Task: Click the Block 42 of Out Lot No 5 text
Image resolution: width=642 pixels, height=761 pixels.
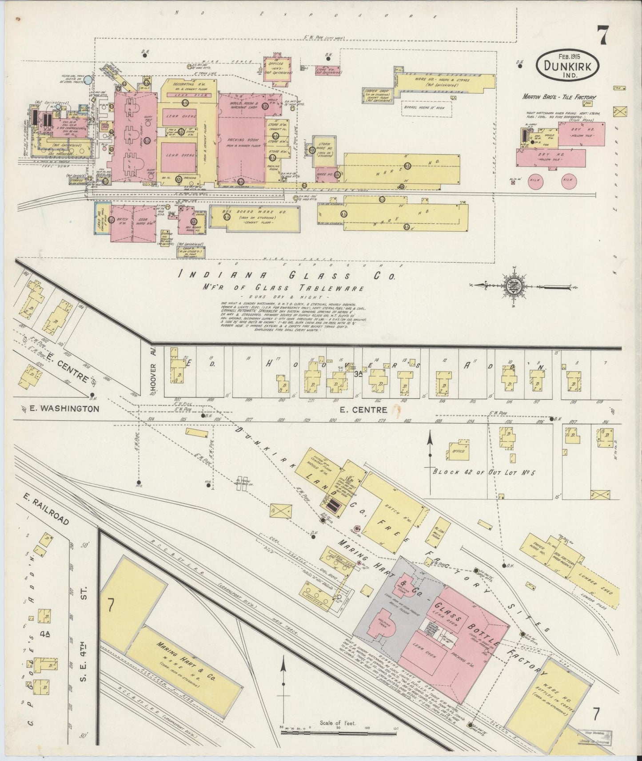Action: pyautogui.click(x=484, y=472)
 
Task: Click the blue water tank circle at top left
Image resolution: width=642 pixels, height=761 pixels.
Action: pyautogui.click(x=89, y=80)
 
